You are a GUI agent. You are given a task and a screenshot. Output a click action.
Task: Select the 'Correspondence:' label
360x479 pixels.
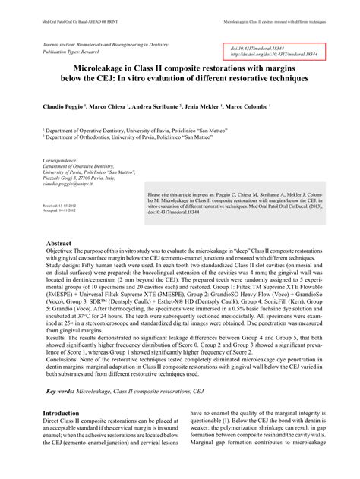[61, 161]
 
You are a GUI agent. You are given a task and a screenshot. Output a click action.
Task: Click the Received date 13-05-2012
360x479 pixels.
[62, 206]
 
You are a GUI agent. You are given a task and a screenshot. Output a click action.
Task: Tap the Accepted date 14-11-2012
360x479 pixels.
[62, 211]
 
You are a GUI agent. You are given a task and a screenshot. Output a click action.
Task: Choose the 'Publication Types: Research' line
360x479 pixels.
[75, 55]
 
